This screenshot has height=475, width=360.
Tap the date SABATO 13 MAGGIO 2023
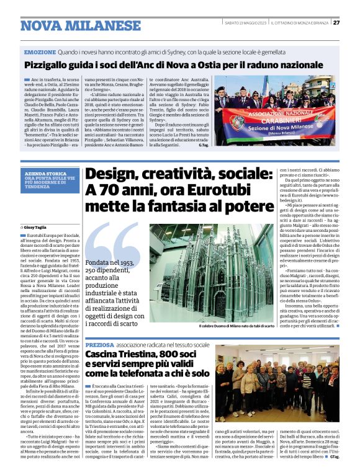pyautogui.click(x=246, y=24)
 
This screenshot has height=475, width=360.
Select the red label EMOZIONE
pyautogui.click(x=38, y=54)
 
